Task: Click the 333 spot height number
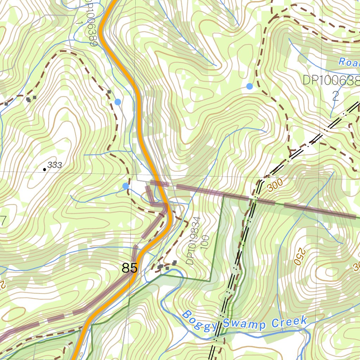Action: (x=55, y=165)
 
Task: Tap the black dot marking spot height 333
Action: (x=44, y=169)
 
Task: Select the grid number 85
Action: (x=129, y=268)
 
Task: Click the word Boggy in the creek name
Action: (x=199, y=321)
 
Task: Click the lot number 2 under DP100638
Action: (x=336, y=96)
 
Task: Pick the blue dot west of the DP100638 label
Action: (x=250, y=86)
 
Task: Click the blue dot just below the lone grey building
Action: (x=118, y=102)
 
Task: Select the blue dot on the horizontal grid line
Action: (x=126, y=186)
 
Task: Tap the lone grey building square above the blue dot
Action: (x=109, y=92)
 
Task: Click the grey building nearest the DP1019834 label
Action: (x=174, y=262)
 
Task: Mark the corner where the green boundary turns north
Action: (x=210, y=281)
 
